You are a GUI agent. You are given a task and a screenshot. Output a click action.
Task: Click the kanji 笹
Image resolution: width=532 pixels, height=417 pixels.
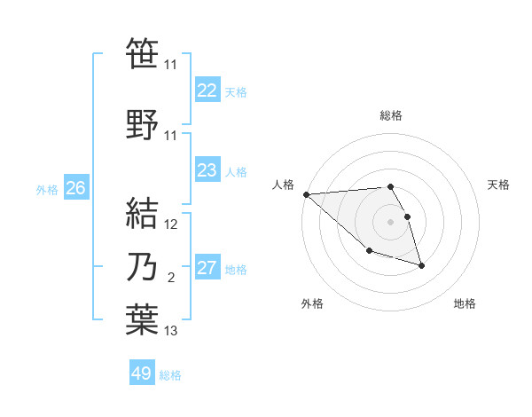[x=142, y=53]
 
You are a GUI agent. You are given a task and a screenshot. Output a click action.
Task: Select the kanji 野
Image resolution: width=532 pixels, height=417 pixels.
[x=142, y=124]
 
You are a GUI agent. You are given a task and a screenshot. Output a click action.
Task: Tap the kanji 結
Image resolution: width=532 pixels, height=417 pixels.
[x=142, y=213]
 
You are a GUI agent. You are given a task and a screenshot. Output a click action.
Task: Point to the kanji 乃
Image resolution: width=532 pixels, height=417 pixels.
[x=142, y=268]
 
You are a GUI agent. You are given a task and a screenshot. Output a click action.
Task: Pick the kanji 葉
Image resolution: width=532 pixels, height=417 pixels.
[x=142, y=320]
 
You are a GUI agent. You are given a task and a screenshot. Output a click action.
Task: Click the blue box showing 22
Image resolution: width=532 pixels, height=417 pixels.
[x=207, y=90]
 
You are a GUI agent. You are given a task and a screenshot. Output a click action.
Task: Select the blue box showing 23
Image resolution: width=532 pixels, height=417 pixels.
[x=207, y=170]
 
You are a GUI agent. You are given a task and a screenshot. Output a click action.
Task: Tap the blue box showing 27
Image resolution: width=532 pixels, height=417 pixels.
[x=207, y=268]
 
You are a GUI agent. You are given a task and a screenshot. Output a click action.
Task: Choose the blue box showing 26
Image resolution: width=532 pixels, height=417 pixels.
[x=76, y=188]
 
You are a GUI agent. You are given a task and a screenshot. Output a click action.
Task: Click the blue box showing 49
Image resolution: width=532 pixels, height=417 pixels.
[x=142, y=374]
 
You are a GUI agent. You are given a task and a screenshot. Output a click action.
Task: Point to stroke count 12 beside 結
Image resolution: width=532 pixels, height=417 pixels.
[x=172, y=224]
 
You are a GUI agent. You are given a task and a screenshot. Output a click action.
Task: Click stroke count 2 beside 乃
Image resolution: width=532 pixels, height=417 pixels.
[x=170, y=279]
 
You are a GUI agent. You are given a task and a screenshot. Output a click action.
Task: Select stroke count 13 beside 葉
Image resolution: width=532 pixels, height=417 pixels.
[x=172, y=332]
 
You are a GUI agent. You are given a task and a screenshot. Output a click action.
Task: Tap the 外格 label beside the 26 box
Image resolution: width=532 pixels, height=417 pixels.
[x=47, y=189]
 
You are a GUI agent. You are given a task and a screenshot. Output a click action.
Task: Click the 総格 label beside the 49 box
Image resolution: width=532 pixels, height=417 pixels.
[x=170, y=375]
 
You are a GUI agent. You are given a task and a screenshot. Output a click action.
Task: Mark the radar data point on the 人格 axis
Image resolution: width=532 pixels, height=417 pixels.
[x=306, y=194]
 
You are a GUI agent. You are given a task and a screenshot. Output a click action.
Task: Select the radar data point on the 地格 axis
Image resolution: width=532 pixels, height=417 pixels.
[x=421, y=265]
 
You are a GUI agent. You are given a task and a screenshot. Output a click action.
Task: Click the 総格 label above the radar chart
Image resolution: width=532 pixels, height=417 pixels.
[x=391, y=115]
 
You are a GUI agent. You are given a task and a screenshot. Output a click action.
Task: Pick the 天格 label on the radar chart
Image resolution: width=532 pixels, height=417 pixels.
[x=498, y=185]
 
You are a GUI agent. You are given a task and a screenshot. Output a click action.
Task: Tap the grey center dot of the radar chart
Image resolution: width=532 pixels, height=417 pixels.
[x=390, y=221]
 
